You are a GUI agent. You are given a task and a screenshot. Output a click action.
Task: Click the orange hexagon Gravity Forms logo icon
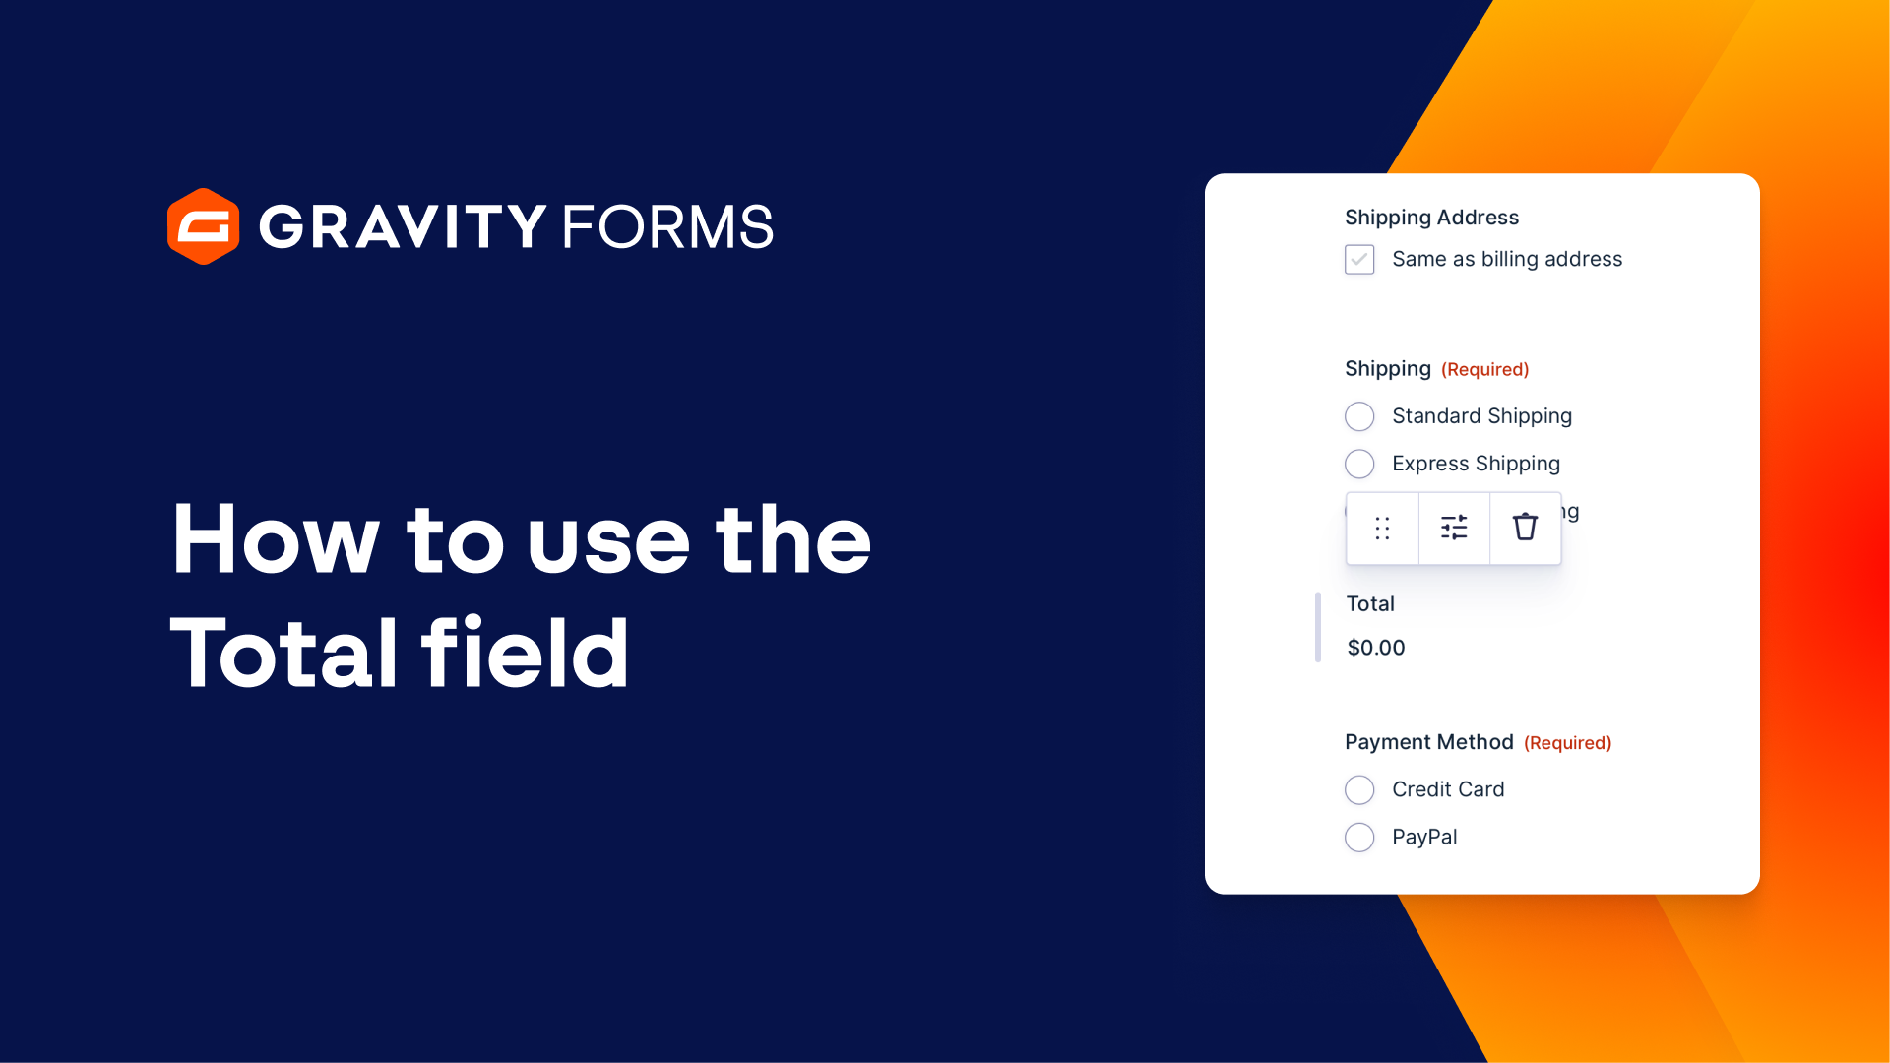[203, 226]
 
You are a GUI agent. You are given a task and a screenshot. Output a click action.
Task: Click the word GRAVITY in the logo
[402, 226]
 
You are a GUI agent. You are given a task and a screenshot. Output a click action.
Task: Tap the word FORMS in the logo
[667, 226]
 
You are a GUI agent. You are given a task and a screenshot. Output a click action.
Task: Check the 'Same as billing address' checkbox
[1359, 260]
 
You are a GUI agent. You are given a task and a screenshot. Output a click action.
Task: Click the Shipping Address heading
[1431, 218]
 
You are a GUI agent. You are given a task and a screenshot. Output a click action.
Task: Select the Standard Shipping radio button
[1359, 416]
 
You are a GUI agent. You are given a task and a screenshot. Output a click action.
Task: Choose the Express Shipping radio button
[1359, 464]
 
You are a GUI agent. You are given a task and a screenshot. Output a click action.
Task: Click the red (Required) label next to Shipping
[1484, 370]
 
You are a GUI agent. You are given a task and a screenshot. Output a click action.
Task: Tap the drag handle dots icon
[1382, 529]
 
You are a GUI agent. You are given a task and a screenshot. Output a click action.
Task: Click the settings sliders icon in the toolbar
[1454, 529]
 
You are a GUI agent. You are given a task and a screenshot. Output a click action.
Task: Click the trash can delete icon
[1525, 528]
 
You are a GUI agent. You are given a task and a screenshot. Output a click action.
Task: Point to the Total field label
[1370, 604]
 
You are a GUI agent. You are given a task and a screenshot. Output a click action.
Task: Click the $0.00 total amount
[1376, 648]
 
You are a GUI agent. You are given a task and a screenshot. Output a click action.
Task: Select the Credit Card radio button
[1359, 789]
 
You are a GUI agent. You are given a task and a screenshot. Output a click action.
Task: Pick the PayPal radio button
[1359, 838]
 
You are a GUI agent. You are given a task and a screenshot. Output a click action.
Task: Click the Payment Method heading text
[1428, 742]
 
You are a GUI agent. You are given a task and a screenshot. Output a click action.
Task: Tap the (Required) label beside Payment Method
[1567, 743]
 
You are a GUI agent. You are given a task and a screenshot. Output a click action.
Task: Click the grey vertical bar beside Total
[1317, 627]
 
